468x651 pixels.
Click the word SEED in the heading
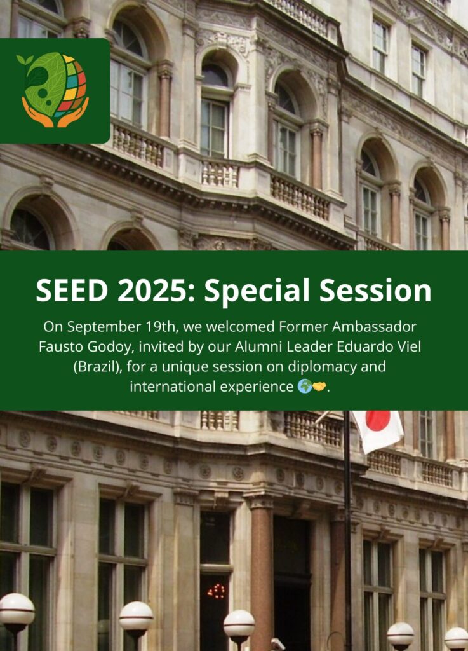(x=72, y=290)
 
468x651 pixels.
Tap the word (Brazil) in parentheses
(x=98, y=367)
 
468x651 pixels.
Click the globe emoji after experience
(x=305, y=387)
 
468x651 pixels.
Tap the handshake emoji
(x=319, y=387)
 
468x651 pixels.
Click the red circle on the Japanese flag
(x=378, y=420)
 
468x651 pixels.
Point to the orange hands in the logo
(x=55, y=113)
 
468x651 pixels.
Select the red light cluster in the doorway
(x=216, y=591)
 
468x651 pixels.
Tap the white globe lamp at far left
(x=17, y=608)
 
